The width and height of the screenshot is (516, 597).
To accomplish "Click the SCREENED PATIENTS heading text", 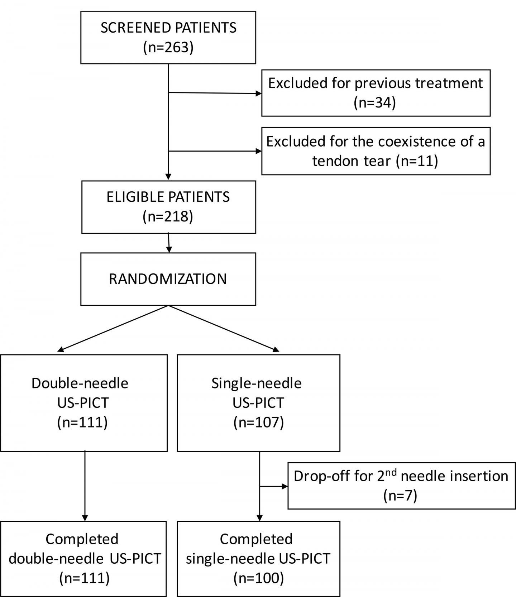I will (x=168, y=28).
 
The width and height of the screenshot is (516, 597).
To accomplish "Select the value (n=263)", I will (x=168, y=47).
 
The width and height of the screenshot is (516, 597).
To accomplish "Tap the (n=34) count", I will (x=375, y=103).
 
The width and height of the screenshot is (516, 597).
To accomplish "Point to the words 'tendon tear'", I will (x=351, y=161).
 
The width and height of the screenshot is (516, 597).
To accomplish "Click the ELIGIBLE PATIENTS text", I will (x=168, y=197).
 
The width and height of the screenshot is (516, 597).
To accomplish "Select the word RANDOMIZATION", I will (x=168, y=279).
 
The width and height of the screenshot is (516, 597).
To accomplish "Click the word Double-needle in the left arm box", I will (x=80, y=383).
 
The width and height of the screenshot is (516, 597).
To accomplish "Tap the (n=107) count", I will (x=258, y=422).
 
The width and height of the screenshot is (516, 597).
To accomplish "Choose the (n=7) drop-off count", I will (x=400, y=496).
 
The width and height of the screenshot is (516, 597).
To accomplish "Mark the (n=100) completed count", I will (x=258, y=578).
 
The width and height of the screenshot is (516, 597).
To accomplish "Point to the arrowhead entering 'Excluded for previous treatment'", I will (x=258, y=94).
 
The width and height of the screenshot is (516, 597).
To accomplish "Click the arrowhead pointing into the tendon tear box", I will (x=258, y=151).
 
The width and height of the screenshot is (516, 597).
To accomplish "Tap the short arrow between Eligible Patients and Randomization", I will (x=169, y=244).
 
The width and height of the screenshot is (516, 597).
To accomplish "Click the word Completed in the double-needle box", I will (x=82, y=539).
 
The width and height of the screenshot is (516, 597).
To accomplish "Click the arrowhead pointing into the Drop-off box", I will (x=285, y=486).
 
